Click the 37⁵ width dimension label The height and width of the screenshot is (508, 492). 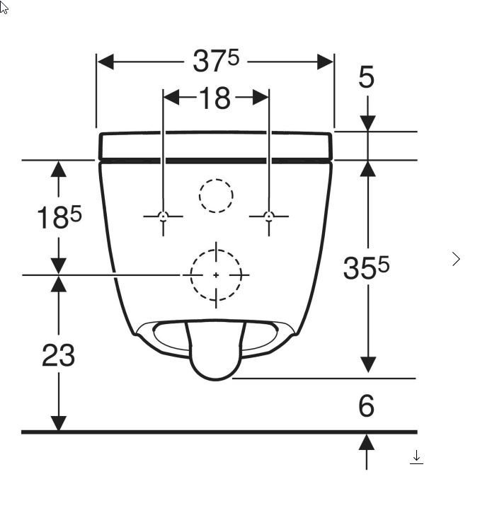click(216, 61)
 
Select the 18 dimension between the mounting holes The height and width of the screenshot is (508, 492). click(215, 98)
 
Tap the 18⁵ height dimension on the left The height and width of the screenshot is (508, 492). click(59, 217)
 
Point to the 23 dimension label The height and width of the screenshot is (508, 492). click(58, 355)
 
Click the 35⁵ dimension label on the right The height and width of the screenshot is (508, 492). click(366, 267)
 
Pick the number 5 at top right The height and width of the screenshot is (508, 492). click(366, 77)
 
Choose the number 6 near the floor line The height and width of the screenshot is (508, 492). click(367, 405)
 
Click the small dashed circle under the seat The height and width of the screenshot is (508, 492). click(216, 179)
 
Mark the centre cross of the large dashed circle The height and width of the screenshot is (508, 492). click(216, 275)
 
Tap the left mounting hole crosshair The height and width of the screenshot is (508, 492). click(163, 216)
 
